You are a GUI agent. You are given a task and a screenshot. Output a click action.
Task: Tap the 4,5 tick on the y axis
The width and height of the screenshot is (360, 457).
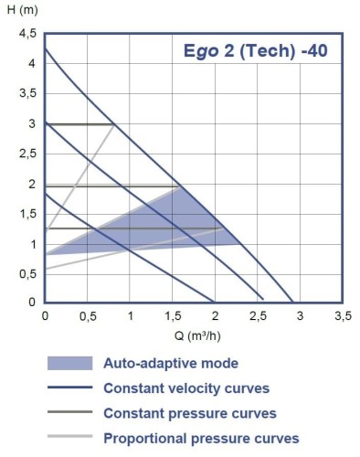[x=27, y=35]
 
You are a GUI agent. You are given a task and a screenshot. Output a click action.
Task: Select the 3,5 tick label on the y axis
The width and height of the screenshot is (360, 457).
[x=27, y=94]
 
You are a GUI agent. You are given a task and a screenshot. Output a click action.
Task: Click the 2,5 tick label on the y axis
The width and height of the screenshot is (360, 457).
[x=27, y=154]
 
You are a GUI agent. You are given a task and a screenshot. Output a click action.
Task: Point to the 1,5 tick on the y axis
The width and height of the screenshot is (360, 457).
[x=27, y=213]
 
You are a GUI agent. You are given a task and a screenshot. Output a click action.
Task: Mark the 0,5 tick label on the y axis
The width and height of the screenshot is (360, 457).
[x=27, y=272]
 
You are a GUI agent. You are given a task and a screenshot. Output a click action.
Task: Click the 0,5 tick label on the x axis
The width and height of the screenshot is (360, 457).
[x=88, y=315]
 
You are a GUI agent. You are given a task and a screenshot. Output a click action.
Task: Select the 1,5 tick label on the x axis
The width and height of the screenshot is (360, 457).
[x=173, y=315]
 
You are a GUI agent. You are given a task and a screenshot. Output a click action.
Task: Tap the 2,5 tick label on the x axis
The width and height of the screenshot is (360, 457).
[x=258, y=315]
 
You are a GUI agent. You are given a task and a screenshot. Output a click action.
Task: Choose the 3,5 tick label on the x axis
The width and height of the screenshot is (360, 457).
[x=342, y=315]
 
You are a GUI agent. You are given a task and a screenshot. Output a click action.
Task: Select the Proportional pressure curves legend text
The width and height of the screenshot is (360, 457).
[x=201, y=438]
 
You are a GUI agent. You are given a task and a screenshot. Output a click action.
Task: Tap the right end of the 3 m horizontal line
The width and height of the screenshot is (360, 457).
[x=114, y=124]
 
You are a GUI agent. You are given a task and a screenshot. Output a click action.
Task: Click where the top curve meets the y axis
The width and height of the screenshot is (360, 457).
[x=45, y=48]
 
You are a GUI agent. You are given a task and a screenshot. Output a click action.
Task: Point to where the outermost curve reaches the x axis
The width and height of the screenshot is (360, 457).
[x=292, y=302]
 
